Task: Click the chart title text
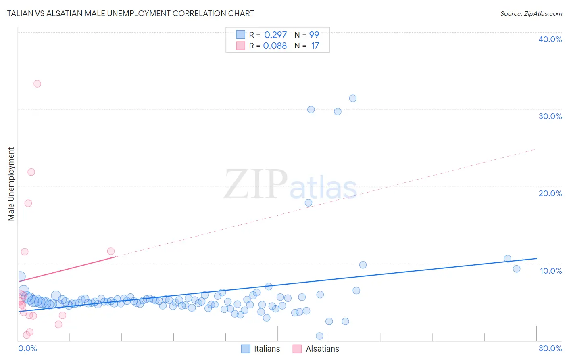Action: point(129,13)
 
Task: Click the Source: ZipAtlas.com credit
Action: point(531,13)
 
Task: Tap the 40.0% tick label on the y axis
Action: point(550,39)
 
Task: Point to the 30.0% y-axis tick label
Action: point(550,116)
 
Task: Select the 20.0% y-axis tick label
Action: point(550,193)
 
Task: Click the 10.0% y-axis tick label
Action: point(550,271)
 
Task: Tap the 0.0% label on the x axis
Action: point(27,348)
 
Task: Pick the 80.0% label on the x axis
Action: point(550,348)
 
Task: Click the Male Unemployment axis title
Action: point(11,184)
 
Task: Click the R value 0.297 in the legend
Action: point(275,35)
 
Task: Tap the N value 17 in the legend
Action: point(315,46)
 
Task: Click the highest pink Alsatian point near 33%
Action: point(37,84)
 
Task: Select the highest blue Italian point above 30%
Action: point(353,98)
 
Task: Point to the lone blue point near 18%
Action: point(309,203)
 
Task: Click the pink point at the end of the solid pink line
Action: point(111,251)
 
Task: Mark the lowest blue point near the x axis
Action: point(319,336)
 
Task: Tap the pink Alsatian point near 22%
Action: point(31,172)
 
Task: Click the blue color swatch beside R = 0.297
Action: point(240,35)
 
